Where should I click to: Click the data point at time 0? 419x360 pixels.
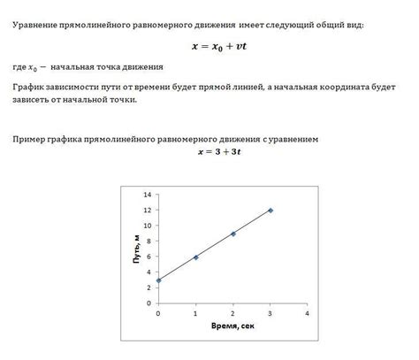pos(158,280)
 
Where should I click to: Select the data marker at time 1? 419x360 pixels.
pos(195,257)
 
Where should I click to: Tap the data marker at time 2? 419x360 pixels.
pos(232,234)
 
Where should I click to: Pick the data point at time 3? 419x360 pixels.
pos(270,211)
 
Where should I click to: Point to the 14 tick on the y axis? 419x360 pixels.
pos(147,195)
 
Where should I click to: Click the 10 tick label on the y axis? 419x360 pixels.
pos(147,226)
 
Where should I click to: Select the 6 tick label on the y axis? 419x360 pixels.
pos(149,257)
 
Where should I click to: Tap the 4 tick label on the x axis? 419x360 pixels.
pos(307,314)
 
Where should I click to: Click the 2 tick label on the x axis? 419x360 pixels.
pos(232,314)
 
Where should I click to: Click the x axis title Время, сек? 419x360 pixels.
pos(232,327)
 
